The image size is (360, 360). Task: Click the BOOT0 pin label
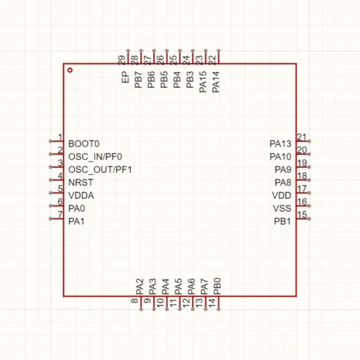tap(84, 144)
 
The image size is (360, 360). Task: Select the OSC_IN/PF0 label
tap(95, 157)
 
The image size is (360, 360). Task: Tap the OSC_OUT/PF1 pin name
tap(100, 170)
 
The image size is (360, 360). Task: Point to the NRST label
tap(81, 183)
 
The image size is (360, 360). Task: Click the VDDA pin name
tap(81, 196)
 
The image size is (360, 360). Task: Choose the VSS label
tap(282, 208)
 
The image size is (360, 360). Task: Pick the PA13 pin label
tap(280, 144)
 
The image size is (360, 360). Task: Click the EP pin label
tap(125, 77)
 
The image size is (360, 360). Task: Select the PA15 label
tap(203, 82)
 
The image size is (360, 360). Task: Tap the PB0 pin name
tap(217, 286)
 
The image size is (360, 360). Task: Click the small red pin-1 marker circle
tap(70, 70)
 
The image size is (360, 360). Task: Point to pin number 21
tap(302, 137)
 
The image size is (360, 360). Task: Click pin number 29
tap(122, 60)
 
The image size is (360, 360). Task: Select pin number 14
tap(211, 302)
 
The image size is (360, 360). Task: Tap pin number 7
tap(60, 215)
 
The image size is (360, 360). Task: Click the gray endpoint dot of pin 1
tap(50, 141)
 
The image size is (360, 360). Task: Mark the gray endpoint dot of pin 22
tap(219, 51)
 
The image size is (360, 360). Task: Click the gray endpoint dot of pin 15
tap(309, 219)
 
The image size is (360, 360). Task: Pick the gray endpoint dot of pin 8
tap(141, 310)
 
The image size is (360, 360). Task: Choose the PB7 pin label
tap(138, 80)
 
